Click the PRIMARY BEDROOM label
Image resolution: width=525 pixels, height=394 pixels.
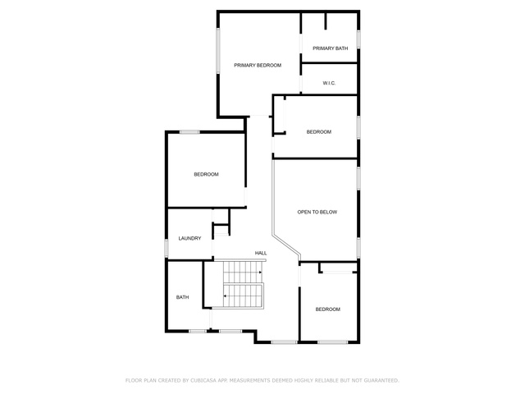click(258, 66)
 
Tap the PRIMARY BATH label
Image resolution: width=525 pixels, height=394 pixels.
click(330, 48)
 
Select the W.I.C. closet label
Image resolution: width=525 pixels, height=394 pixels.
click(329, 83)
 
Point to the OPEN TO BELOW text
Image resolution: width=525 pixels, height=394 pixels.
click(317, 212)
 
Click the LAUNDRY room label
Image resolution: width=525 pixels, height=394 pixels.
click(189, 239)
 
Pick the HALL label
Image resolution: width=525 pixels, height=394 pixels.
click(261, 254)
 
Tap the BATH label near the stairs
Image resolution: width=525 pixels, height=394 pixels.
click(182, 297)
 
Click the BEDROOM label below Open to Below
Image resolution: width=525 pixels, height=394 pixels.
click(328, 309)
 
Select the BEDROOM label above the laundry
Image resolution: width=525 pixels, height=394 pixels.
click(206, 174)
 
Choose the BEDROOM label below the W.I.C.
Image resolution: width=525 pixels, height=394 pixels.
click(319, 132)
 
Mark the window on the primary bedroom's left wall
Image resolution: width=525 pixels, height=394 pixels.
click(218, 51)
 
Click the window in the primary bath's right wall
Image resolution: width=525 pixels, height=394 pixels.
click(358, 39)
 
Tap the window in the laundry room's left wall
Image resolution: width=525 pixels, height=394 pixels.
click(166, 248)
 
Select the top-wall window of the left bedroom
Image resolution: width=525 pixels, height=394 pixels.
click(189, 132)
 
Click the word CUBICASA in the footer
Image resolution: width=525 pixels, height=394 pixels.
click(203, 381)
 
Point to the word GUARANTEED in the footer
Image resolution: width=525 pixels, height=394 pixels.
click(381, 381)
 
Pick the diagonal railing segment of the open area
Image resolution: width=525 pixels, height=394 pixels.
click(286, 246)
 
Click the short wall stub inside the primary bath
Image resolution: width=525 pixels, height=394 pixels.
click(325, 21)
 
